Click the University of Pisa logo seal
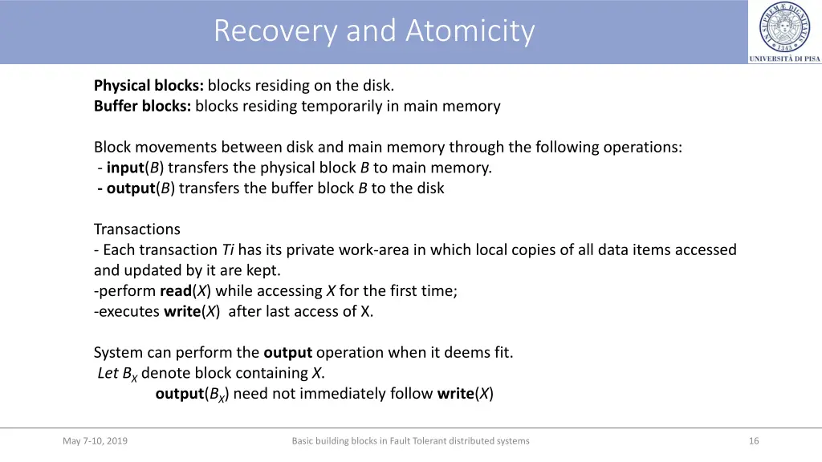(x=785, y=26)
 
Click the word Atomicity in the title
(x=470, y=31)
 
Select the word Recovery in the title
(x=275, y=31)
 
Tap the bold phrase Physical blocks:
(x=149, y=85)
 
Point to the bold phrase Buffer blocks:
(x=142, y=106)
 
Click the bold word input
(x=124, y=168)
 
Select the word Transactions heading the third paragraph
(x=137, y=229)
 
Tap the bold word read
(x=176, y=291)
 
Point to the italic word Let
(x=108, y=373)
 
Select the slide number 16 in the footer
(x=753, y=440)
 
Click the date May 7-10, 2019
(x=95, y=440)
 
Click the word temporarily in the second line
(x=340, y=106)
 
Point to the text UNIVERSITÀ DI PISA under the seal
(x=784, y=59)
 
